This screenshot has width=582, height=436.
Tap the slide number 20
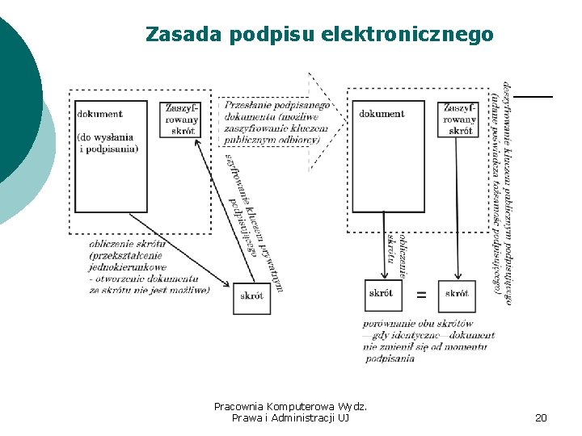[x=541, y=417]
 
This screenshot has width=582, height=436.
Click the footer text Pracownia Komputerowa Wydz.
[x=290, y=406]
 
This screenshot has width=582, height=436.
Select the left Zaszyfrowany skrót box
[x=182, y=119]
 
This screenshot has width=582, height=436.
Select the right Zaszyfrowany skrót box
[x=459, y=119]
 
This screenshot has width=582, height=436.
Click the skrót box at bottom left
[x=251, y=296]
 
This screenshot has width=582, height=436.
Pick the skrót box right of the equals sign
[x=457, y=294]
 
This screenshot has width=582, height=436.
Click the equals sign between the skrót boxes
[x=421, y=295]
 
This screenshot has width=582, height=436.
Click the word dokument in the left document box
[x=99, y=114]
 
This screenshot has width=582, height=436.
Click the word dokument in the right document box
[x=382, y=114]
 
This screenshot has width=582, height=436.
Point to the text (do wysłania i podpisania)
[x=108, y=143]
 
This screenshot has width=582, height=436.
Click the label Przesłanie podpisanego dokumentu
[x=276, y=111]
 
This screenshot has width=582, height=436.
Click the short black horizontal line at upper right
[x=533, y=97]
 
